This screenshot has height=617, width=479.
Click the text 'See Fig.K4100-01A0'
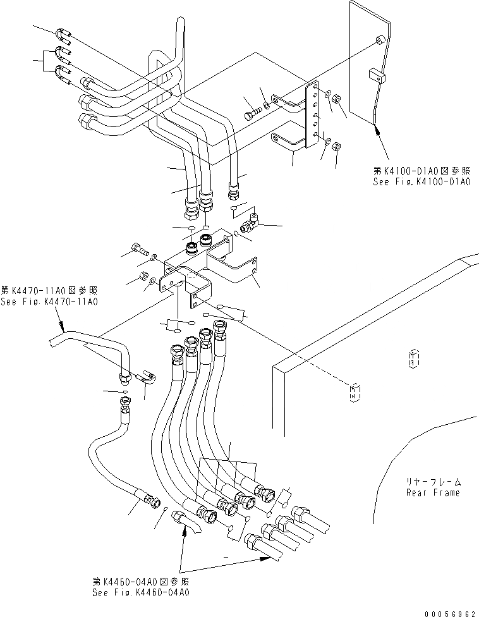421,181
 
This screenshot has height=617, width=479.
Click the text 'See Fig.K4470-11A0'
49,302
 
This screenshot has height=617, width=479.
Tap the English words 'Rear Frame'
433,492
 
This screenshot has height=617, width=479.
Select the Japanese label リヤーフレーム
434,481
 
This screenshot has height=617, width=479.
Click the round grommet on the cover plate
380,41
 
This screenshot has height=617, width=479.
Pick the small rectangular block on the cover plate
377,76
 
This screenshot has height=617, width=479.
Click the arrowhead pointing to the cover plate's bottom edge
378,130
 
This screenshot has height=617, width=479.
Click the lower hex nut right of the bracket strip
336,145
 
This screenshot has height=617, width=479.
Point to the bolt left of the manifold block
139,249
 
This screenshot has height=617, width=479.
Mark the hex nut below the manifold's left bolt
144,276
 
